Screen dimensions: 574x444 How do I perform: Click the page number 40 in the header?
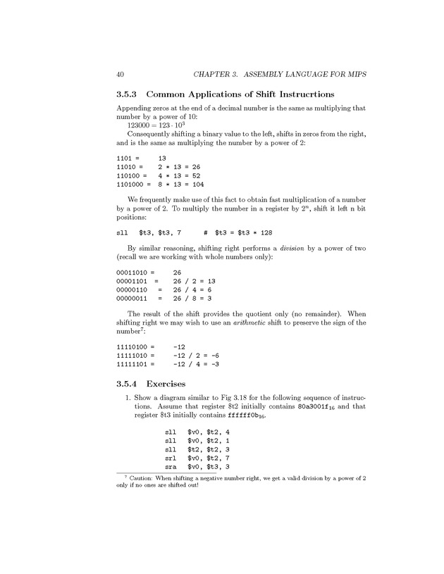[x=121, y=74]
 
